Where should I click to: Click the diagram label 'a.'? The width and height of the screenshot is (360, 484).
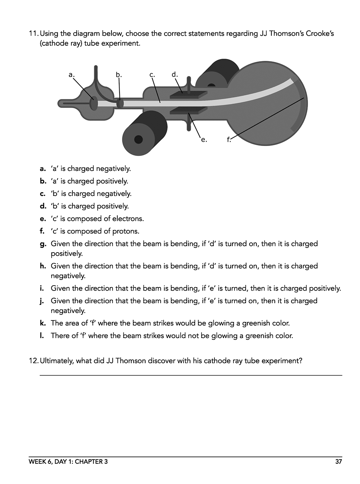pyautogui.click(x=71, y=75)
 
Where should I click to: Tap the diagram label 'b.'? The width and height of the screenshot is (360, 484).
pyautogui.click(x=119, y=75)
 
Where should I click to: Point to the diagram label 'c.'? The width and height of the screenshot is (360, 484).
pyautogui.click(x=152, y=75)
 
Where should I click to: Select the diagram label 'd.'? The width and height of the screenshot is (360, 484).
pyautogui.click(x=175, y=74)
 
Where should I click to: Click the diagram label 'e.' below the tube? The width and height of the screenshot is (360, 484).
pyautogui.click(x=204, y=140)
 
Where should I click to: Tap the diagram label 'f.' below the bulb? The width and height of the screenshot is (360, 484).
pyautogui.click(x=229, y=140)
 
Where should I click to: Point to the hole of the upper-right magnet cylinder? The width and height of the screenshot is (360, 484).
pyautogui.click(x=211, y=85)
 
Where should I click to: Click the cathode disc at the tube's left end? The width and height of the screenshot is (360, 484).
pyautogui.click(x=94, y=103)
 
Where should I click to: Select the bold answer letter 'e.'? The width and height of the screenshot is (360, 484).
pyautogui.click(x=43, y=219)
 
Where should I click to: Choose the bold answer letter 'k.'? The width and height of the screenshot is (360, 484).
pyautogui.click(x=43, y=323)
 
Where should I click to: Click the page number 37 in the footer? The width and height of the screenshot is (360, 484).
pyautogui.click(x=338, y=462)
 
